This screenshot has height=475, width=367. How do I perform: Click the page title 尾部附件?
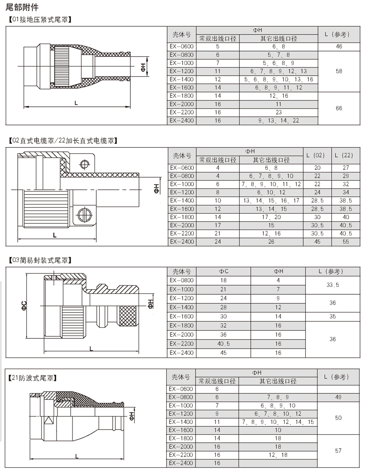click(22, 6)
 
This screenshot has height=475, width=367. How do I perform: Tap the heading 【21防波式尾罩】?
click(34, 378)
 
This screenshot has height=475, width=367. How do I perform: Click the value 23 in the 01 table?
click(278, 112)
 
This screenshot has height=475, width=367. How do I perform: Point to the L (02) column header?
click(318, 155)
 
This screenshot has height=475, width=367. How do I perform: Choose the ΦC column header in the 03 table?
click(223, 271)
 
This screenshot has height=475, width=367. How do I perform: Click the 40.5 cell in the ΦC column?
click(223, 344)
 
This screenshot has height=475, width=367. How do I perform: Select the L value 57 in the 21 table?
click(338, 451)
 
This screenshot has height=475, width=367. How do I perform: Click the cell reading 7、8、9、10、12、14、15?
click(278, 422)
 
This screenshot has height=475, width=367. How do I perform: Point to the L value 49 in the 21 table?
click(338, 397)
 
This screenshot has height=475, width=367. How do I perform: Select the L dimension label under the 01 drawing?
click(76, 102)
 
